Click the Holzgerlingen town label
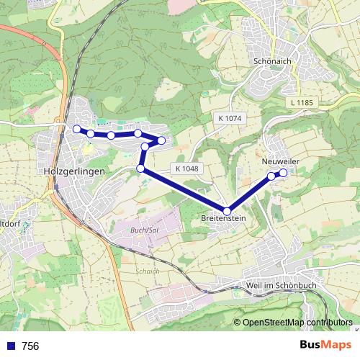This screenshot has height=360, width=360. tap(74, 172)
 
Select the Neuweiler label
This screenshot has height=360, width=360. tap(280, 161)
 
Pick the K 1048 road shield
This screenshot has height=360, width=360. tap(186, 168)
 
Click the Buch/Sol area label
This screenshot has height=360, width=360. tap(144, 229)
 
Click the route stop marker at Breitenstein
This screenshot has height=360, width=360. tap(227, 211)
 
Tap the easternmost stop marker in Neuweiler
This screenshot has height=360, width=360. tap(284, 173)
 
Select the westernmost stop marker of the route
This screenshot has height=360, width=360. tap(77, 129)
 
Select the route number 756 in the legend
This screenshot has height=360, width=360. tap(31, 346)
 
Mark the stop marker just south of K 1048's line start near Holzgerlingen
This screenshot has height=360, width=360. tap(140, 168)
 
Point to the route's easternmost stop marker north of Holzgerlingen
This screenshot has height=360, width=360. tap(162, 140)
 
